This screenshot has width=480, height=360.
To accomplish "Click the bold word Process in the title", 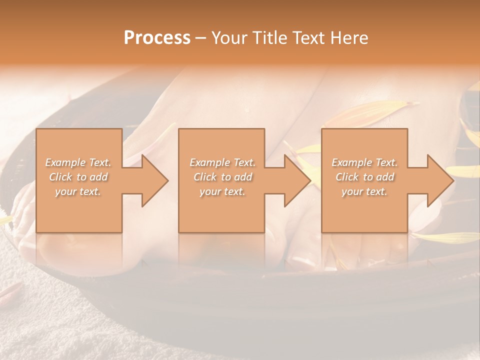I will click(157, 38).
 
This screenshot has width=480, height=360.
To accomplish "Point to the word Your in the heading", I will click(229, 38).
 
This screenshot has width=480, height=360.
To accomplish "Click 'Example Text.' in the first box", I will click(78, 162).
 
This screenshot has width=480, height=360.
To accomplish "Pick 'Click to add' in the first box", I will click(78, 177).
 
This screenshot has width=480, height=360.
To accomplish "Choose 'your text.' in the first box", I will click(78, 191).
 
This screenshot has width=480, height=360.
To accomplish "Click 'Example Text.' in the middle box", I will click(222, 162).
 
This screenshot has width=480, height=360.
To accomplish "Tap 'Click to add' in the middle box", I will click(222, 177).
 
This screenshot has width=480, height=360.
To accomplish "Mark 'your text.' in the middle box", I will click(222, 191).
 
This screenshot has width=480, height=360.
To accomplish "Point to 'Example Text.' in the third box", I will click(364, 162).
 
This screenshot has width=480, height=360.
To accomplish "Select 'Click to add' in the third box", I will click(364, 177).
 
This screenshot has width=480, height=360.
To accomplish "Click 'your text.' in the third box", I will click(364, 191).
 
